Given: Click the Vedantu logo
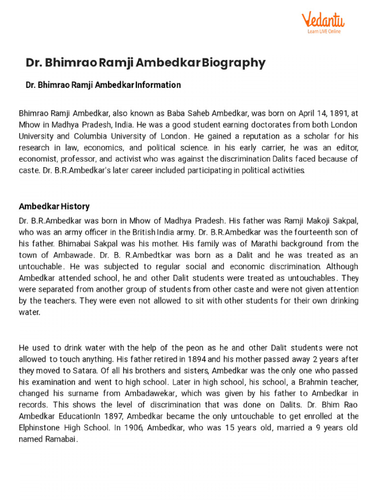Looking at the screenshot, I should (x=323, y=21).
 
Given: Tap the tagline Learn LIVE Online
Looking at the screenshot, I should (x=324, y=31).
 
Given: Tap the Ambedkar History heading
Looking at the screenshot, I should (x=54, y=206).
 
